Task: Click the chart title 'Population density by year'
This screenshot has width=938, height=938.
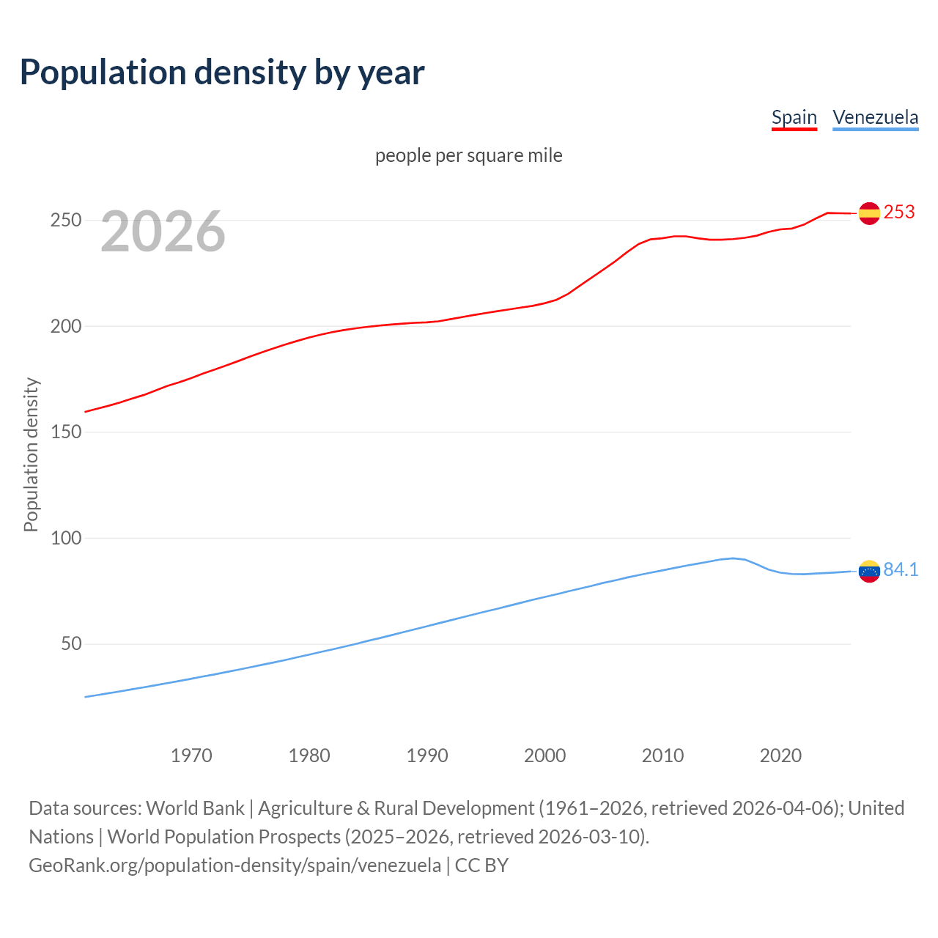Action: click(222, 73)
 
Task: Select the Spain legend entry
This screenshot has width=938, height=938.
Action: click(794, 117)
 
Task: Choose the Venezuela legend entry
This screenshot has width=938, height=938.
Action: click(875, 117)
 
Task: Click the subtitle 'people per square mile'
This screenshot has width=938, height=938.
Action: click(469, 155)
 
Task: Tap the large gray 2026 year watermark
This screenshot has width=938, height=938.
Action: click(163, 232)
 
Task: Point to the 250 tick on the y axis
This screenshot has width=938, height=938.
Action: click(65, 220)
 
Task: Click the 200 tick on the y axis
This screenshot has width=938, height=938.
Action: click(65, 326)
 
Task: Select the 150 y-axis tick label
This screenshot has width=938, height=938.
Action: click(65, 432)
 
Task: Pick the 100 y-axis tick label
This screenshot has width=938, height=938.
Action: click(65, 538)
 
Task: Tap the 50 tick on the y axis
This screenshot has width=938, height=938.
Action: click(71, 644)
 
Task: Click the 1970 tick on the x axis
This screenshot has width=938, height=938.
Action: click(191, 756)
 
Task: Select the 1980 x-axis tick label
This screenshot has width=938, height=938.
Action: click(309, 756)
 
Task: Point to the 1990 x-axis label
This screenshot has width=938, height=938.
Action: click(427, 756)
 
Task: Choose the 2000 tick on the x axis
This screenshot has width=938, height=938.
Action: click(545, 756)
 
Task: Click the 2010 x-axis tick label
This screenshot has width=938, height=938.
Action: click(662, 756)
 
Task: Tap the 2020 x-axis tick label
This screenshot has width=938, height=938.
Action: click(780, 756)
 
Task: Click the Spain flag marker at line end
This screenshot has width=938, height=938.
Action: click(869, 213)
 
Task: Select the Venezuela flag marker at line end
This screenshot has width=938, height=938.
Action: click(869, 571)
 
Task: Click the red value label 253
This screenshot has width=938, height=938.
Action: click(899, 212)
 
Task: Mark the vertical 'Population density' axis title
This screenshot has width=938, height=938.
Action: click(31, 454)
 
